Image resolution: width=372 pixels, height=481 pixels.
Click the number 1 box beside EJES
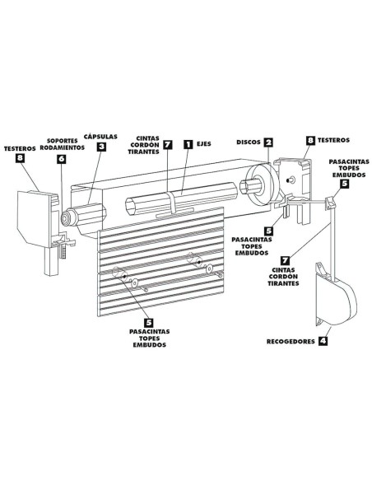coord(188,144)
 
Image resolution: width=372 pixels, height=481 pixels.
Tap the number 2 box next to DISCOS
coord(268,142)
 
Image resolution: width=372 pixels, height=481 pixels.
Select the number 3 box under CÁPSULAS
coord(101,147)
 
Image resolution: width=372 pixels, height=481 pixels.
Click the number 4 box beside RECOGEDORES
coord(323,341)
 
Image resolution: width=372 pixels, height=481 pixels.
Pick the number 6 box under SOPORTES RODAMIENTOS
coord(61,158)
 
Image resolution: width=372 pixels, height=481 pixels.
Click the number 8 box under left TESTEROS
coord(21,158)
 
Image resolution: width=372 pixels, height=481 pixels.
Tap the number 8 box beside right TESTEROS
coord(311,140)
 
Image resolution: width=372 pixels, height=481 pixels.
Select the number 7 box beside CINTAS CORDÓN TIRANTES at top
coord(167,144)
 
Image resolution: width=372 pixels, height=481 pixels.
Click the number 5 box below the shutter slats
coord(149,322)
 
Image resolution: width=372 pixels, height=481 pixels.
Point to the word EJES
coord(204,144)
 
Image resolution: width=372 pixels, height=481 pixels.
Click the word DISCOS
coord(249,142)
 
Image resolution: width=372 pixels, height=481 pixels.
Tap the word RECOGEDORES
coord(291,342)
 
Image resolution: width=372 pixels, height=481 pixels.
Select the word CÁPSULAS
coord(100,137)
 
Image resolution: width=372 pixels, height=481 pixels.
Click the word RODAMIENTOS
coord(63,147)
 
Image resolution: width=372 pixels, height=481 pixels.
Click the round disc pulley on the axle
coord(262,185)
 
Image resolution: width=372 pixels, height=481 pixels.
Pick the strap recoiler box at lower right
coord(336,295)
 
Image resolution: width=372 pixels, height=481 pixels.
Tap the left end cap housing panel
coord(33,218)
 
